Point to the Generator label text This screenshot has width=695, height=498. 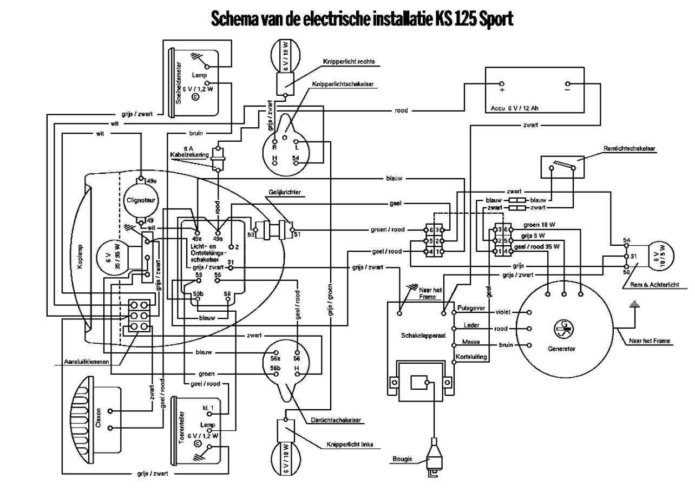561,349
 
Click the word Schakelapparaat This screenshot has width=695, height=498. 423,336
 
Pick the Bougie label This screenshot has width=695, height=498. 403,459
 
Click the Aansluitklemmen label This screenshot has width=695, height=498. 87,361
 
